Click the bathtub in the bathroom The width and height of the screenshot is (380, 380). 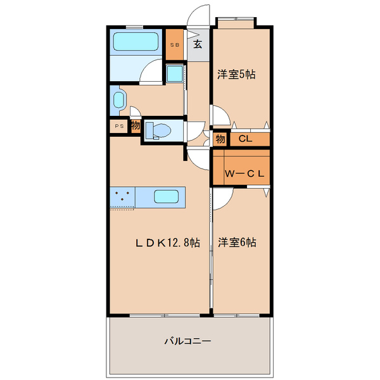click(x=137, y=43)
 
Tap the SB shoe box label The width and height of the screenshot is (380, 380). click(x=175, y=44)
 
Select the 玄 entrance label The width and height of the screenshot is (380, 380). click(x=198, y=44)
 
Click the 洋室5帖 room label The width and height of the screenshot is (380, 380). click(x=236, y=75)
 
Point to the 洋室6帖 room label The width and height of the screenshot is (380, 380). click(x=237, y=242)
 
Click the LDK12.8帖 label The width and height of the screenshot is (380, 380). click(x=165, y=242)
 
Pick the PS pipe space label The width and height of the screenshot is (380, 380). click(x=118, y=127)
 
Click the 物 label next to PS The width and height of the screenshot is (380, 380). click(x=136, y=125)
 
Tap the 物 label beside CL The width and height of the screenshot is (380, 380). click(x=220, y=139)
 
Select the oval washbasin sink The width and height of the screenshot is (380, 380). click(x=118, y=99)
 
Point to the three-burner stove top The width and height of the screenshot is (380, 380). click(x=122, y=197)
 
